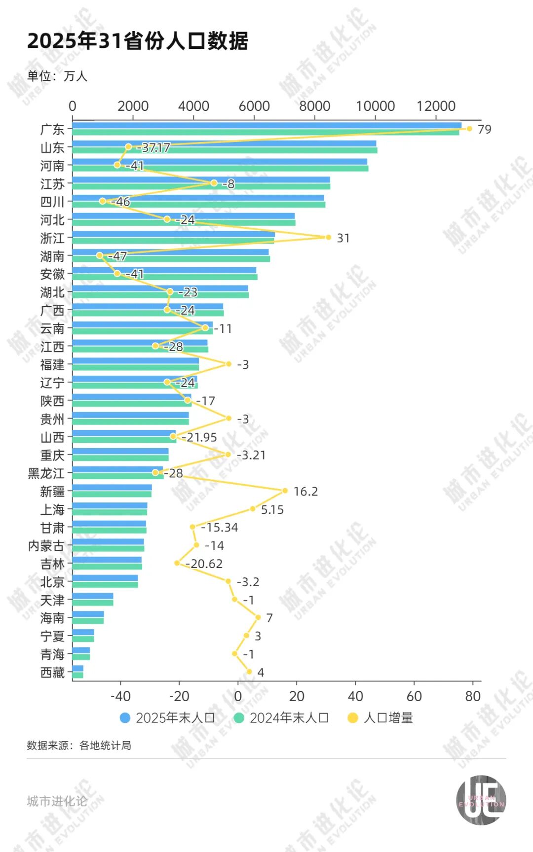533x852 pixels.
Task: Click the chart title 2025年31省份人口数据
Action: point(137,41)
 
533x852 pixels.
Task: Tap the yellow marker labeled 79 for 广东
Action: point(469,129)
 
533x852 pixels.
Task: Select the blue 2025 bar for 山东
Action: point(224,143)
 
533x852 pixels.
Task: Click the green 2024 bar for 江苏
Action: point(201,186)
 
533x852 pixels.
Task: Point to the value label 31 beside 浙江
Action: point(343,238)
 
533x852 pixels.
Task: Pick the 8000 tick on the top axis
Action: point(314,106)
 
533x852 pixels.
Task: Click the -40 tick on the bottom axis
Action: point(120,696)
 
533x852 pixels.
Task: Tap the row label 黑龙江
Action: point(46,473)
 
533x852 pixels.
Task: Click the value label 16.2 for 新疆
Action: point(305,492)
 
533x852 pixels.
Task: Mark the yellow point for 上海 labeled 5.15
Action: point(253,509)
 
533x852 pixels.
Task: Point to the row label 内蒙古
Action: point(46,546)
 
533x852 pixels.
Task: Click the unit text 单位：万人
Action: point(57,76)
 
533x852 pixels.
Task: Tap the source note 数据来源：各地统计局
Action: point(79,745)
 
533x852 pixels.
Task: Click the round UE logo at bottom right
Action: point(481,800)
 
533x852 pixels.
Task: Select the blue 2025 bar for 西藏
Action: point(77,669)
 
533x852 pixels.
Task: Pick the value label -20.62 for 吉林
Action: point(204,564)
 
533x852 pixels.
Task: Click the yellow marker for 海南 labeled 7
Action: point(258,617)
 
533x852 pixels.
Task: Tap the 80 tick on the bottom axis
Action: point(472,696)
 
